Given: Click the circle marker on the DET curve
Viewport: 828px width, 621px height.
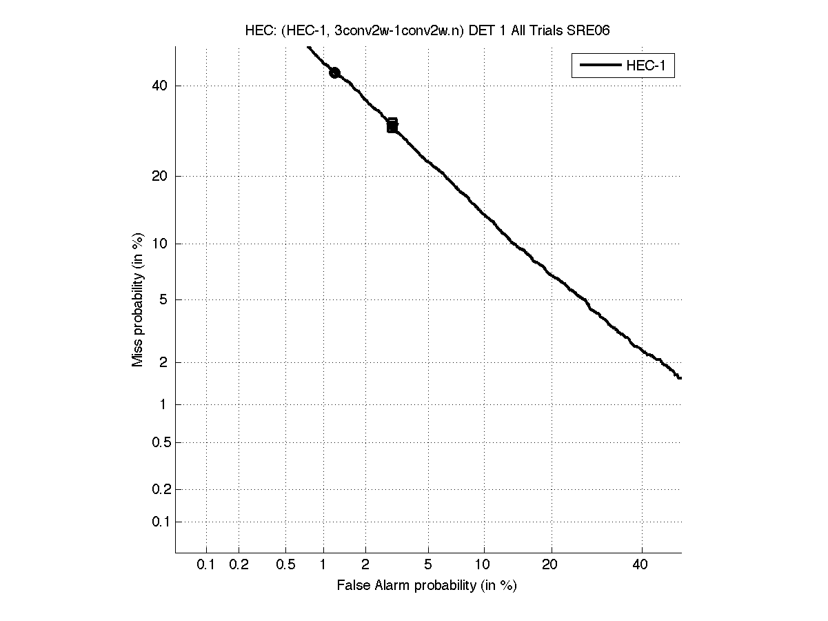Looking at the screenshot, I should click(x=334, y=72).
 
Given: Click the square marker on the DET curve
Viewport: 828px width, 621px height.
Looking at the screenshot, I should click(x=392, y=125).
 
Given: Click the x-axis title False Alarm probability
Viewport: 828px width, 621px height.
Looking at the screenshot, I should click(x=427, y=586).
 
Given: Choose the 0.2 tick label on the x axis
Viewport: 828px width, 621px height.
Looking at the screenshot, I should click(x=239, y=565).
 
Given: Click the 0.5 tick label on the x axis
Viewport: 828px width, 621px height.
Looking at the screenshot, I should click(x=285, y=565).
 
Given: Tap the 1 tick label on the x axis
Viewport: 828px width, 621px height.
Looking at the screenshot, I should click(x=323, y=565).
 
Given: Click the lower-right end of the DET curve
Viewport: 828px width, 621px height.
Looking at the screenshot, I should click(x=680, y=377).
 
